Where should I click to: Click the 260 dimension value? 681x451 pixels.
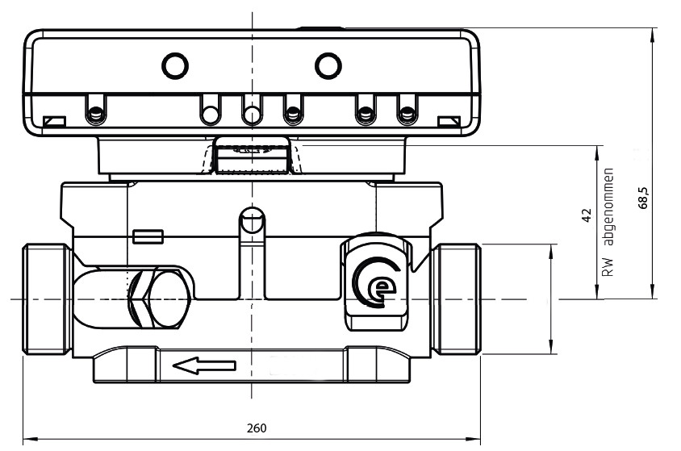257,428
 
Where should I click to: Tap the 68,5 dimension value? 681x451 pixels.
643,198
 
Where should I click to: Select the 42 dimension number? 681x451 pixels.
587,215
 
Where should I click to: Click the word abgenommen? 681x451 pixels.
609,207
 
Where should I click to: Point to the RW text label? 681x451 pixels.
608,267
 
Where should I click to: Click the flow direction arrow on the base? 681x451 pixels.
204,365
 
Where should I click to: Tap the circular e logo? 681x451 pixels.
376,282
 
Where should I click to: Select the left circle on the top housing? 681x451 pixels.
175,66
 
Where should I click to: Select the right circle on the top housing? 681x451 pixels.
328,66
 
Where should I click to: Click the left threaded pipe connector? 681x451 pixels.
47,299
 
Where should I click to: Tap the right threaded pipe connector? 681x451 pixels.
457,299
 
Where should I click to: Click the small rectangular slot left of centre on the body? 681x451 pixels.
148,237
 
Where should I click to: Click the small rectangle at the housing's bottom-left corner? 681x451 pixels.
54,121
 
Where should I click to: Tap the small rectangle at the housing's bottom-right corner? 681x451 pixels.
449,121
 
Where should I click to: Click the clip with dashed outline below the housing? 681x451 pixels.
252,156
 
